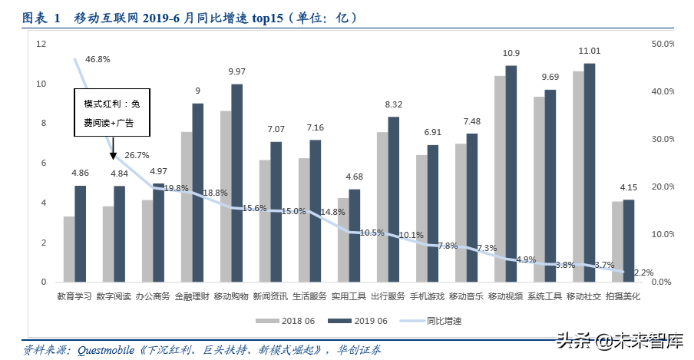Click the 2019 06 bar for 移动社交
click(x=590, y=173)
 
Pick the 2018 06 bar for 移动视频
click(x=500, y=179)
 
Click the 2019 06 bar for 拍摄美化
click(x=629, y=240)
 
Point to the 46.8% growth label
click(x=97, y=59)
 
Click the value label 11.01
click(x=590, y=51)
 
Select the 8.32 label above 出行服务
click(x=394, y=104)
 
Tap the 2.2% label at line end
click(x=644, y=272)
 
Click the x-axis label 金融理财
click(x=192, y=296)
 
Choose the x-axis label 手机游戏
click(x=427, y=296)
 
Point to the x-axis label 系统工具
click(x=544, y=296)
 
